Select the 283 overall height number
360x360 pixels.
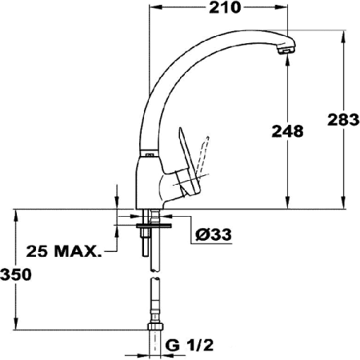coord(344,121)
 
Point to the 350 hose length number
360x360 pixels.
coord(16,274)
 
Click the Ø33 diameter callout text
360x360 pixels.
coord(213,234)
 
